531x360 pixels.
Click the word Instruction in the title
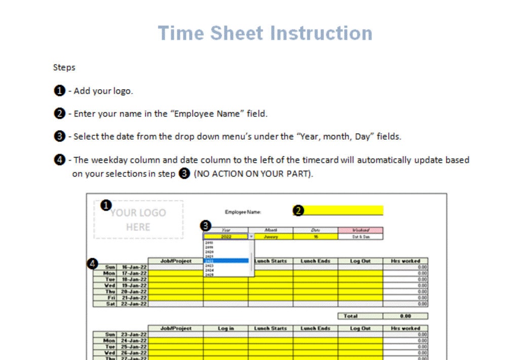point(318,33)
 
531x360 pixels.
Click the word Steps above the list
point(64,67)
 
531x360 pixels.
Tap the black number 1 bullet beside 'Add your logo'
point(59,91)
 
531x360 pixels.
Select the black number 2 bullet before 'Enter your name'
point(59,113)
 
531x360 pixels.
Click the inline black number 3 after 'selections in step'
point(185,174)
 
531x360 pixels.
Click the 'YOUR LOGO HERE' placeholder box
point(138,220)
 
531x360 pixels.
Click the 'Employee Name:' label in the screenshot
point(243,212)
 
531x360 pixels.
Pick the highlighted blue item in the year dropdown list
point(226,261)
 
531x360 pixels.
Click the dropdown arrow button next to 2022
point(251,236)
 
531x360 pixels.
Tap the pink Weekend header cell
point(360,230)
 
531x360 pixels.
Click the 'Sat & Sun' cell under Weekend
point(360,236)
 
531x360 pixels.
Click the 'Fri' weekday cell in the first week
point(109,298)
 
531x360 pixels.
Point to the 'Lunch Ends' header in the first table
point(315,261)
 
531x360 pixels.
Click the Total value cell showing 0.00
point(405,316)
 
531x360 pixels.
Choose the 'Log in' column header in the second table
point(225,329)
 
